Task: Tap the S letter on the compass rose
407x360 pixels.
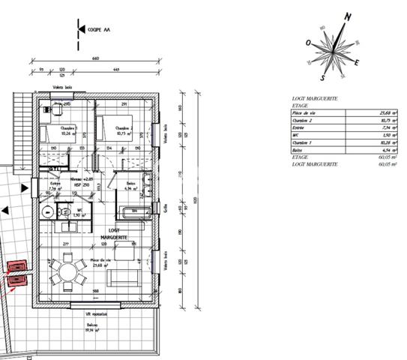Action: pos(322,76)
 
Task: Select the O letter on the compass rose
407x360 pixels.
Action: pos(308,43)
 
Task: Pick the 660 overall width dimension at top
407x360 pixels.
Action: pos(95,58)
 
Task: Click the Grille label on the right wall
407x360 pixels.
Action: pos(165,206)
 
